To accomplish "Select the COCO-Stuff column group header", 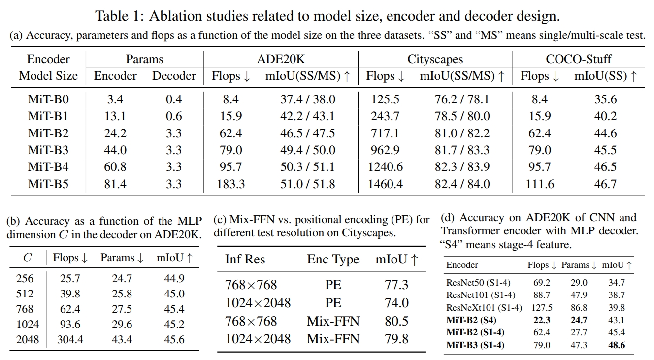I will point(578,59).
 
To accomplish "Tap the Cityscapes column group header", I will point(435,59).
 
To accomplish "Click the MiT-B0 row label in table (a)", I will point(48,99).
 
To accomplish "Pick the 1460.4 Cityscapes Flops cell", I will point(385,184).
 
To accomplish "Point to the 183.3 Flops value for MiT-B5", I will point(230,184).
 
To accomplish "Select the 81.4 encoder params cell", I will point(115,184).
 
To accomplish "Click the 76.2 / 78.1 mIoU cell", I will point(462,99).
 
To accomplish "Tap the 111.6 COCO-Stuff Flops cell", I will point(540,184).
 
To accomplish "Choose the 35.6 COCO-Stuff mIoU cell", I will point(605,99).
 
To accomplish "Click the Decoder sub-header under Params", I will point(174,76).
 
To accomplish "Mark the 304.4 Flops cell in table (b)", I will point(70,340).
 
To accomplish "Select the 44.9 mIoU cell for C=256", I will point(174,279).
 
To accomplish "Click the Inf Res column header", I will point(245,260).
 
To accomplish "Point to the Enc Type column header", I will point(333,260).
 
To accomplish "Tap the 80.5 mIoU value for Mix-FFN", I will point(396,321).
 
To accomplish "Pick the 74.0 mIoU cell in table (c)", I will point(396,303).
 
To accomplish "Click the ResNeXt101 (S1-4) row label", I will point(484,308).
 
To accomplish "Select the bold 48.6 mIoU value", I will point(616,345).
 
